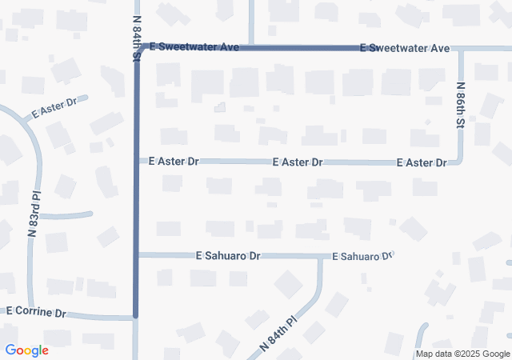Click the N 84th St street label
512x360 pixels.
(136, 39)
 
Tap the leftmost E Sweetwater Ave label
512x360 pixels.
(195, 48)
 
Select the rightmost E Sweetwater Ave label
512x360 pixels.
(405, 48)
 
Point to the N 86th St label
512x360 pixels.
(461, 106)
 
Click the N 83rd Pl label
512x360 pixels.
(34, 213)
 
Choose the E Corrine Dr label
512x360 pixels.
(36, 312)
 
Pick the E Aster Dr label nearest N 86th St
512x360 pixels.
(421, 162)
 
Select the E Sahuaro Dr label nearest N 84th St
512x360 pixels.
(229, 256)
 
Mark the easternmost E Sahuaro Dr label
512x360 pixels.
(363, 256)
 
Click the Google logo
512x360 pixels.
(27, 350)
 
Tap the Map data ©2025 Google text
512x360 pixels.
(462, 354)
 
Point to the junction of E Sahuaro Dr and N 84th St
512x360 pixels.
(136, 255)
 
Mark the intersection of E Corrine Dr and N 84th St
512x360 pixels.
(135, 318)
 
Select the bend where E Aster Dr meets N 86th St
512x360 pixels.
(461, 162)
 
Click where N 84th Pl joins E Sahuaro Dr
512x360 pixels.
(321, 257)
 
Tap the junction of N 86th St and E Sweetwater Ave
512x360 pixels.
(461, 49)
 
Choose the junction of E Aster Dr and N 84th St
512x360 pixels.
(136, 161)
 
